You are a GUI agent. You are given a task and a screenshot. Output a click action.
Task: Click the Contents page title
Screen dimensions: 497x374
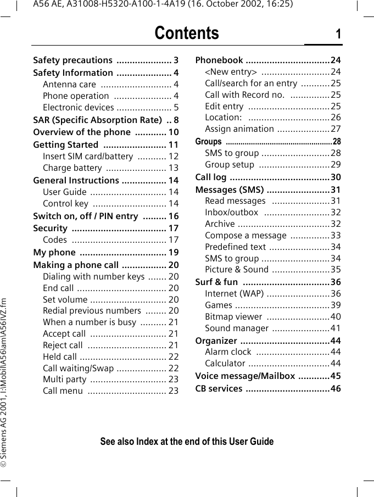(x=187, y=33)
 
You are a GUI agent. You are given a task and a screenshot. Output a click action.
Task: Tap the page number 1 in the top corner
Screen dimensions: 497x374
(x=338, y=35)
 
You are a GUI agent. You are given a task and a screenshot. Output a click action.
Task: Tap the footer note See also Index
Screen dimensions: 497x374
(x=187, y=442)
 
